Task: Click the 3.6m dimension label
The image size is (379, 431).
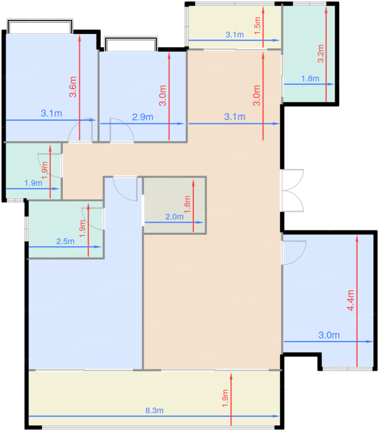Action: tap(73, 87)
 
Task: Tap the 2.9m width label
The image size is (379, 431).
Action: tap(143, 117)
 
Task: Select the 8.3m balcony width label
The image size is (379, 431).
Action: tap(154, 411)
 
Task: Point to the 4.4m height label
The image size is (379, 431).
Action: tap(350, 300)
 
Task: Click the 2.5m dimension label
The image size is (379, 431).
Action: tap(65, 241)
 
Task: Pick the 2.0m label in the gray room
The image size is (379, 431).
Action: tap(174, 217)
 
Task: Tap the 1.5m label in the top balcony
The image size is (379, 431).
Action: tap(257, 26)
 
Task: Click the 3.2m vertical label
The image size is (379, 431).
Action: tap(320, 54)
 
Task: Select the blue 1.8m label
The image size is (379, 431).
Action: tap(310, 79)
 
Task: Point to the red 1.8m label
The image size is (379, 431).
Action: tap(187, 204)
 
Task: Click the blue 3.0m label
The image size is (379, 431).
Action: tap(329, 335)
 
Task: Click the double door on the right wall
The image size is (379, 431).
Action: tap(292, 191)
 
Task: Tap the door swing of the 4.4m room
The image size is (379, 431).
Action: tap(294, 253)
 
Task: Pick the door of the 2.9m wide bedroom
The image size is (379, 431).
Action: tap(122, 130)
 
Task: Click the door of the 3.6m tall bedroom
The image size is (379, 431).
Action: tap(80, 130)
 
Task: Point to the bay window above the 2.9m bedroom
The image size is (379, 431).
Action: tap(131, 44)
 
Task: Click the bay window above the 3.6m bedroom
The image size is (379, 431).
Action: tap(40, 26)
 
